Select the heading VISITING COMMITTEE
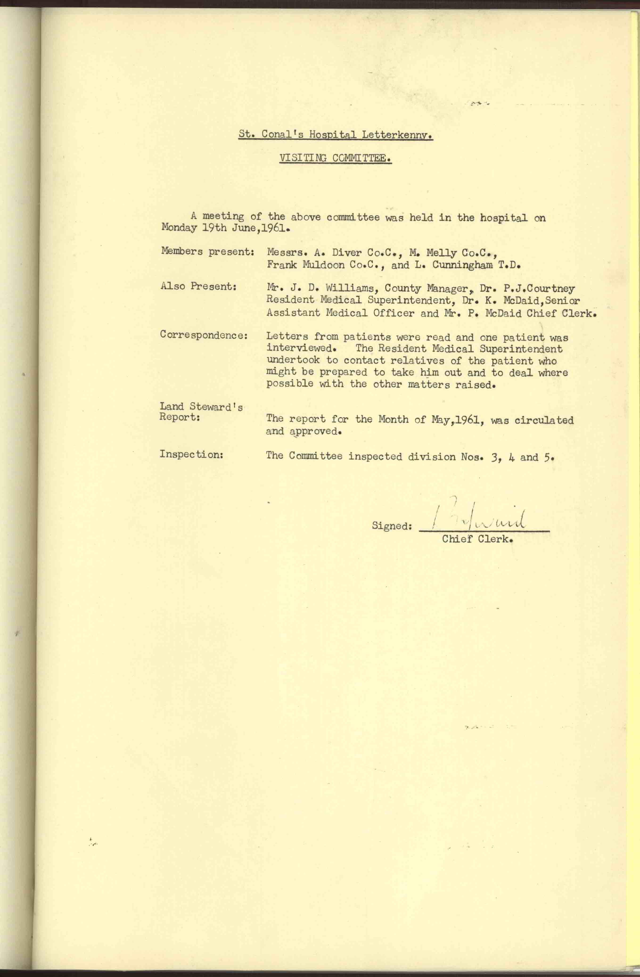coord(335,158)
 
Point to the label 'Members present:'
coord(208,251)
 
